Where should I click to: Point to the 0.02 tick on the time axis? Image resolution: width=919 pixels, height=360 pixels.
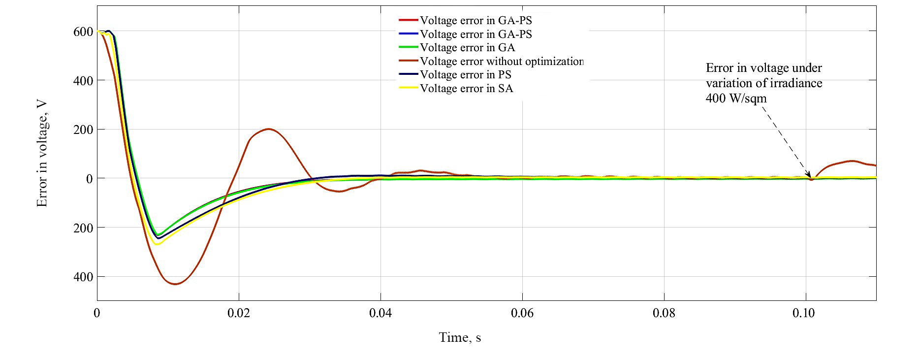(239, 313)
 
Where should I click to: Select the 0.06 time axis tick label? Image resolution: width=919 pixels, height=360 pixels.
(522, 313)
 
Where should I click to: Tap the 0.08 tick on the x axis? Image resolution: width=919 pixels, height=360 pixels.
(664, 313)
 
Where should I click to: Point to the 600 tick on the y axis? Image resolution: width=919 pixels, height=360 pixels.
(82, 32)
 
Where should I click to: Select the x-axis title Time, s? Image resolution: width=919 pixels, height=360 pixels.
(460, 338)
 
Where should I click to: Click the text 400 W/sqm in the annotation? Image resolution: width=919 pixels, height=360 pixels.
(736, 98)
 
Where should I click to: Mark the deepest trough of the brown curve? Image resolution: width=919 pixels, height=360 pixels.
(175, 284)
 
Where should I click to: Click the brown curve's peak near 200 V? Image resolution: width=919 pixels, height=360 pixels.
(268, 129)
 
